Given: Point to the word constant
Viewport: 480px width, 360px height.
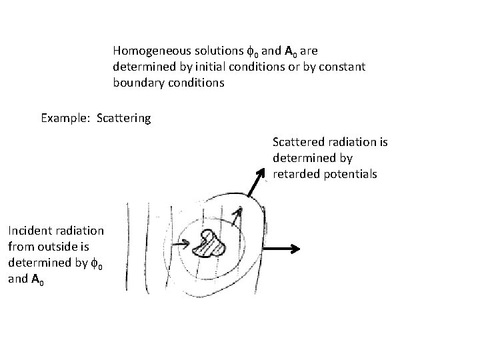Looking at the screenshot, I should click(341, 67).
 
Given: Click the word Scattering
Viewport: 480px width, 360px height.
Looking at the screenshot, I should click(123, 119).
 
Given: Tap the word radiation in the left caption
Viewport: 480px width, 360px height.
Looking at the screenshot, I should click(80, 231).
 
